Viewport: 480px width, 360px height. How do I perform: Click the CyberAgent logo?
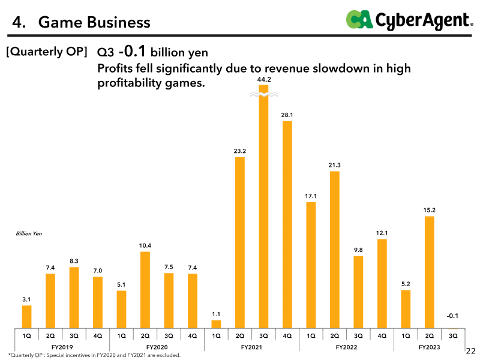pyautogui.click(x=409, y=20)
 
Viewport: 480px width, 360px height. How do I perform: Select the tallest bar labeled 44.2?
pyautogui.click(x=263, y=206)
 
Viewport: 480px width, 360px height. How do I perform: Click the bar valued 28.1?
pyautogui.click(x=287, y=224)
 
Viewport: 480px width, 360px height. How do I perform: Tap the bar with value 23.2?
pyautogui.click(x=240, y=243)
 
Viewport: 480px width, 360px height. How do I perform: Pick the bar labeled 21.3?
pyautogui.click(x=335, y=250)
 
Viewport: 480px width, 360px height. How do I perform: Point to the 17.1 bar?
pyautogui.click(x=311, y=265)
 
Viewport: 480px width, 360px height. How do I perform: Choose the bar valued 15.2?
pyautogui.click(x=430, y=272)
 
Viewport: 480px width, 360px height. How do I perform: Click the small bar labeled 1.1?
pyautogui.click(x=216, y=325)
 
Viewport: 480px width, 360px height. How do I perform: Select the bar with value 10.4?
pyautogui.click(x=145, y=290)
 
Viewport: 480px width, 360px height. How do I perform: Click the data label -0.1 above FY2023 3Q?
pyautogui.click(x=452, y=316)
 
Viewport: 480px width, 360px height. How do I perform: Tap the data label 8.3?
pyautogui.click(x=74, y=261)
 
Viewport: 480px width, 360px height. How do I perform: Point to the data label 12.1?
pyautogui.click(x=382, y=233)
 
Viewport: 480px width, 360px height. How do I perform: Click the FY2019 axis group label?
pyautogui.click(x=62, y=347)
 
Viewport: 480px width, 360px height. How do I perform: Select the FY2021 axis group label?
pyautogui.click(x=251, y=347)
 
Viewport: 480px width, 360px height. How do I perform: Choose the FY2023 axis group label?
pyautogui.click(x=429, y=347)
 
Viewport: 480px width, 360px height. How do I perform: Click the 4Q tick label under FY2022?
pyautogui.click(x=382, y=336)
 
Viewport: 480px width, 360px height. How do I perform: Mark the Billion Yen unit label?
pyautogui.click(x=29, y=233)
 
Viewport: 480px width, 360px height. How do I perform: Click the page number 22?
pyautogui.click(x=470, y=351)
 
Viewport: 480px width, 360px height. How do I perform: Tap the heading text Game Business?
pyautogui.click(x=94, y=22)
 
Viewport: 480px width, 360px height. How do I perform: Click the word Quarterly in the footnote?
pyautogui.click(x=22, y=355)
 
